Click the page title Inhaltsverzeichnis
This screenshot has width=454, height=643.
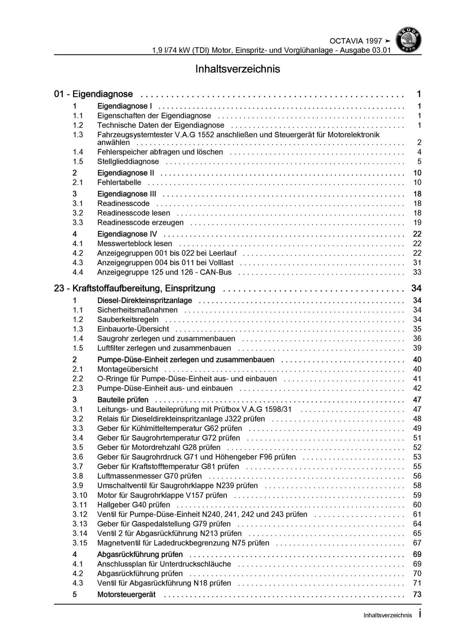tap(238, 69)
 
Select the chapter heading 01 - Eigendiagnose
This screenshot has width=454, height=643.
tap(93, 94)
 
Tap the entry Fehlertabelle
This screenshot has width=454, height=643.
tap(119, 183)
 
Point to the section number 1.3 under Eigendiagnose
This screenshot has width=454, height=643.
tap(78, 135)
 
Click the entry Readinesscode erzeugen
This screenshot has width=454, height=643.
tap(140, 223)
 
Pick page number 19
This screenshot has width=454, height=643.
tap(417, 223)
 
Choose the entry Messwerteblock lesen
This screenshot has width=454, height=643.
tap(134, 244)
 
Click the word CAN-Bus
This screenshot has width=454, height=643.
tap(215, 272)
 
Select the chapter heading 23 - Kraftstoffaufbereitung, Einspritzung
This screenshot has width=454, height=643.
tap(134, 288)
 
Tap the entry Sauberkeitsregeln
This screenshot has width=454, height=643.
tap(128, 319)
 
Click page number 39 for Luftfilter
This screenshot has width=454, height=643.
tap(417, 348)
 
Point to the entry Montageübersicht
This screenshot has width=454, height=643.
tap(127, 369)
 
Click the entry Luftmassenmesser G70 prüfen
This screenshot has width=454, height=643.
tap(149, 476)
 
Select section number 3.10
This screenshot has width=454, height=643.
tap(80, 495)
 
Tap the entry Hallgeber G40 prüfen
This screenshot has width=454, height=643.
tap(133, 505)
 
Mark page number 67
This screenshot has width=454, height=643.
tap(417, 543)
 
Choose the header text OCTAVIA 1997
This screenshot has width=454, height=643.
tap(356, 41)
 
